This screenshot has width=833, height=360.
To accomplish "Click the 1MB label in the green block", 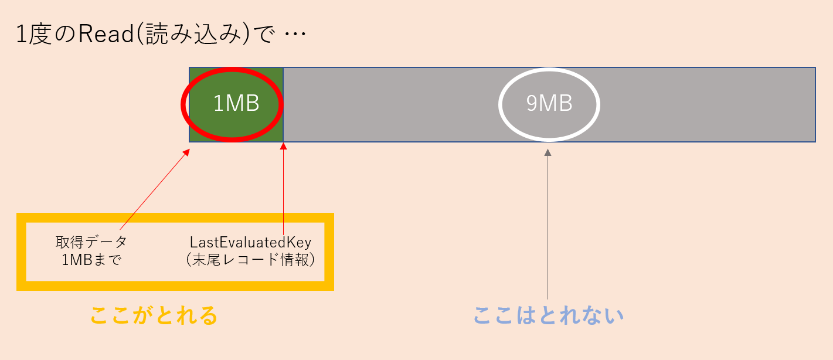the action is tap(236, 103).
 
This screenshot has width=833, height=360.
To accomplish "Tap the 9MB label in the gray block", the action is tap(549, 103).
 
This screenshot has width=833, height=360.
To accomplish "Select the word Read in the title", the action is tap(106, 34).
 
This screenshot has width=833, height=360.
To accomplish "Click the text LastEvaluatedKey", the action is tap(250, 243).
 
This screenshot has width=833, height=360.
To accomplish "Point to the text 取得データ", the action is tap(91, 242).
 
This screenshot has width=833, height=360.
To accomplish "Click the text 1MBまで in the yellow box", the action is tap(91, 260).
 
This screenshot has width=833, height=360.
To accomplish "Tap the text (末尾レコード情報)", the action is tap(250, 260).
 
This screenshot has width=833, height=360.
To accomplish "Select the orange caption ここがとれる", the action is tap(154, 315).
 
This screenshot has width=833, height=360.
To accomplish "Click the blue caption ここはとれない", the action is tap(549, 315).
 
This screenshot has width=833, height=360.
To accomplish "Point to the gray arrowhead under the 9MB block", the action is tap(548, 152).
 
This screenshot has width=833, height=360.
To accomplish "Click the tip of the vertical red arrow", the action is tap(283, 143).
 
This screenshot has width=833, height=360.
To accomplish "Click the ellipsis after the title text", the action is tap(295, 34).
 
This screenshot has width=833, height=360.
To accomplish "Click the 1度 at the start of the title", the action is tap(34, 34).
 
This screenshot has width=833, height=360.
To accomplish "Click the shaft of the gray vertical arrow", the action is tap(548, 227).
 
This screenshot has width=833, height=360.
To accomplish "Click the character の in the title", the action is tap(65, 34).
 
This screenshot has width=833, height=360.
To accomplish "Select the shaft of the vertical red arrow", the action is tap(283, 192).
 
